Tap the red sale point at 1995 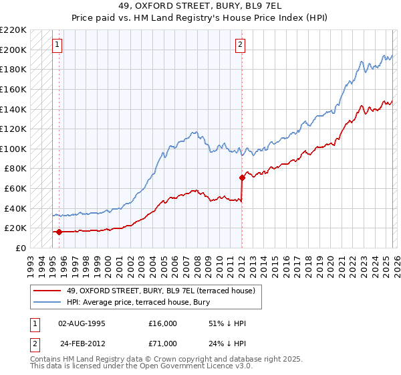(x=59, y=232)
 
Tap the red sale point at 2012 (x=242, y=177)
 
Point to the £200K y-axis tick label (x=13, y=50)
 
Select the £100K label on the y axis (x=13, y=149)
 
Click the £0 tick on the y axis (x=20, y=248)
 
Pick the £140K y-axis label (x=13, y=109)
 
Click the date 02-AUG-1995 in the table (x=82, y=323)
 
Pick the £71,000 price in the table (x=162, y=344)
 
